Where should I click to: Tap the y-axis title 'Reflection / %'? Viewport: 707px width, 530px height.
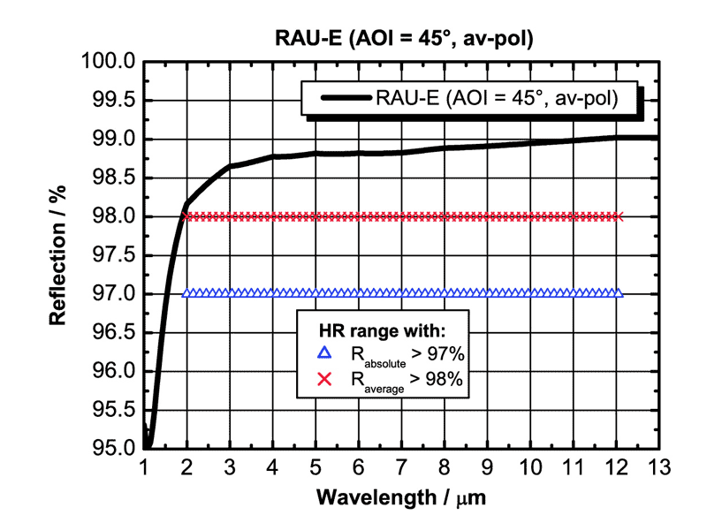click(59, 254)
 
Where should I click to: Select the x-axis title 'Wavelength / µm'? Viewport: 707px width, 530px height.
click(400, 497)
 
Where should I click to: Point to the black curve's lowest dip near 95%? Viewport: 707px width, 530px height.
click(148, 444)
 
